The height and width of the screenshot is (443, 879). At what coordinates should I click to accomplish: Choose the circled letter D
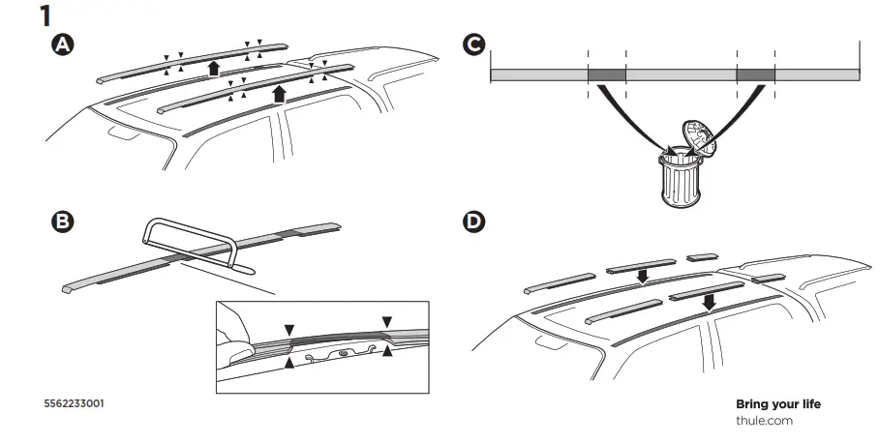(472, 221)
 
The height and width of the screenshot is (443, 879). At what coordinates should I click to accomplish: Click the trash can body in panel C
(680, 179)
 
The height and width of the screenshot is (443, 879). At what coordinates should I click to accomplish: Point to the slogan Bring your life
(777, 403)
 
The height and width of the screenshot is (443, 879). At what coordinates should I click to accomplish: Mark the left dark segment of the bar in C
(606, 74)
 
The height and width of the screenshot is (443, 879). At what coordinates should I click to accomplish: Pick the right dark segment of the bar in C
(755, 74)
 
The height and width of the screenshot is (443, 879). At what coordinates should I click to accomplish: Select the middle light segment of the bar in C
(681, 74)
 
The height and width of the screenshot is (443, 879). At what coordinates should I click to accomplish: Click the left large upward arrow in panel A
(213, 67)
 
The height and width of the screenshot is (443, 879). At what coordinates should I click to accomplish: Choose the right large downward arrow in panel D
(710, 303)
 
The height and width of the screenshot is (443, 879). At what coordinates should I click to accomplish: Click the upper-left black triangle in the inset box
(289, 330)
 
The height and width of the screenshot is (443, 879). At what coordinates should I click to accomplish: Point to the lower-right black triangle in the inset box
(387, 353)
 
